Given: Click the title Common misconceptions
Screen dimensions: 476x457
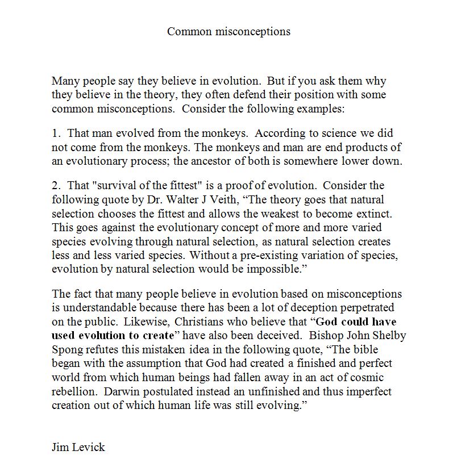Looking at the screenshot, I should pyautogui.click(x=228, y=31).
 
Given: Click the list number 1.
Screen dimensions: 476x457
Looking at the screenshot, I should pyautogui.click(x=55, y=133).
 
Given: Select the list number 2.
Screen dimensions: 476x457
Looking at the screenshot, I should pyautogui.click(x=55, y=186).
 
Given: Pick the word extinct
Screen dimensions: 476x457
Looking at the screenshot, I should pyautogui.click(x=360, y=214).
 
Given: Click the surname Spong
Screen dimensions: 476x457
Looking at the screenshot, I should pyautogui.click(x=68, y=349).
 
